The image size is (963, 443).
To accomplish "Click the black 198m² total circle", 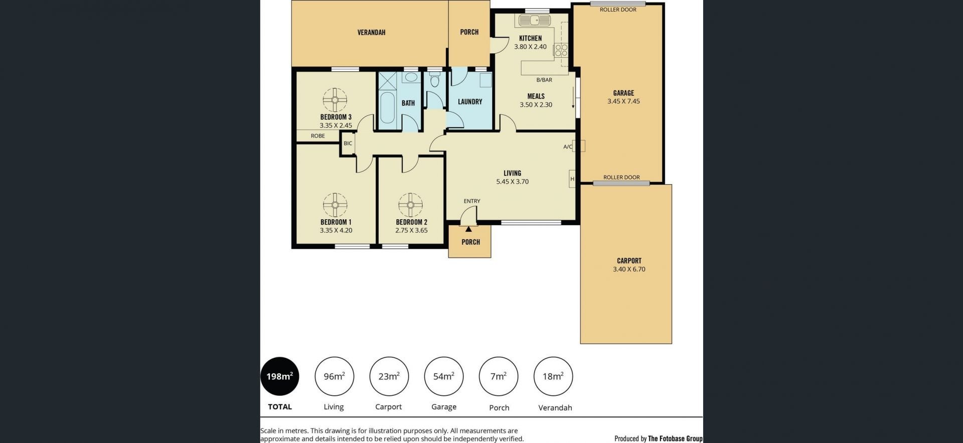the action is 280,376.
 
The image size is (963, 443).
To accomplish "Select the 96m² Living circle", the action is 334,376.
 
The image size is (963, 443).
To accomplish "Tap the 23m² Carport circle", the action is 389,376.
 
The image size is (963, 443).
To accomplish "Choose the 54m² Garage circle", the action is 444,376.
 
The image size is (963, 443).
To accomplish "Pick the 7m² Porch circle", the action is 499,376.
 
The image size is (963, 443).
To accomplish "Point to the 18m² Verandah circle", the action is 553,376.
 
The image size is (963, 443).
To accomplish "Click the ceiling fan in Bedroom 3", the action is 335,100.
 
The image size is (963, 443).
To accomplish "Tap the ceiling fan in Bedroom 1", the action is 335,205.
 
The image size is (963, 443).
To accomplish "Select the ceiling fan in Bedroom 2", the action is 410,205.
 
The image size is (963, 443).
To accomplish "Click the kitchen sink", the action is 535,21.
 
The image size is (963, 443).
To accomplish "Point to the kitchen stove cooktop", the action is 561,50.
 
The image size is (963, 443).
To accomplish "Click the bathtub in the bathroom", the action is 387,108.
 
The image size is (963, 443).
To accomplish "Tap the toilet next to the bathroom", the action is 435,80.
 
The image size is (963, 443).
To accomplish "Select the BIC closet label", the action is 348,143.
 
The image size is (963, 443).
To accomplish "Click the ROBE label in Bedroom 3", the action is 317,136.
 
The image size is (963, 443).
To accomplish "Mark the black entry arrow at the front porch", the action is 468,229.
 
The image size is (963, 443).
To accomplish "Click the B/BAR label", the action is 544,80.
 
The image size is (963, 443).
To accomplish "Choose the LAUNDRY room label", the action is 470,102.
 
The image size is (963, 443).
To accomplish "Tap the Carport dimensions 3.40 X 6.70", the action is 629,269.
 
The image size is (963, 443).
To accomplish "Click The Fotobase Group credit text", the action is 675,438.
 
